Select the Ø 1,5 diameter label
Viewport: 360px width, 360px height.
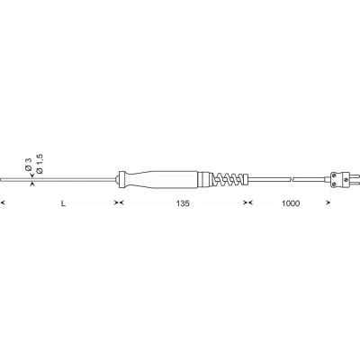[40, 164]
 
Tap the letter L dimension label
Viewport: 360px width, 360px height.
[63, 203]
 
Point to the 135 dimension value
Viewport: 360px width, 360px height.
[183, 203]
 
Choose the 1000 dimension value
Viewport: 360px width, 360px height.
[291, 203]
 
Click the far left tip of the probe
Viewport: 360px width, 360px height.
[1, 180]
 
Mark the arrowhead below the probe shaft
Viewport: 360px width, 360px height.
[32, 184]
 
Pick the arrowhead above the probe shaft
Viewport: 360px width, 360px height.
[32, 176]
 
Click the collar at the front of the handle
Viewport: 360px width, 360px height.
[121, 179]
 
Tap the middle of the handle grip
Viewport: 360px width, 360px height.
[161, 179]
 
